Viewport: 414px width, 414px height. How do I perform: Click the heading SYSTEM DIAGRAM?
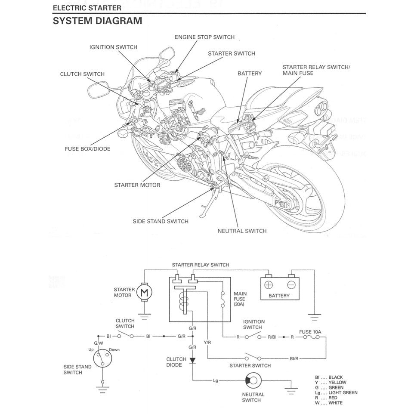point(97,21)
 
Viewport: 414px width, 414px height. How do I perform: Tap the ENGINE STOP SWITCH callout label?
point(204,37)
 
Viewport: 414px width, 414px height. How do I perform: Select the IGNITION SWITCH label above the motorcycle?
point(114,47)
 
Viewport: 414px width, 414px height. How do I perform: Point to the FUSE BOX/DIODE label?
point(87,149)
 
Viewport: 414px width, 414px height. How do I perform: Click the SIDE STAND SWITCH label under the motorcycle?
point(161,221)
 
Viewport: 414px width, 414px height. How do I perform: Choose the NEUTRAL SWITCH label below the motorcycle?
point(242,231)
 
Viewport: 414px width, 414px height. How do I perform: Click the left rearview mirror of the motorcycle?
point(96,90)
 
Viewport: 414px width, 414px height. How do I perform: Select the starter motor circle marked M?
point(144,293)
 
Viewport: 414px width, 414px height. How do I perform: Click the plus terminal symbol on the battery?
point(269,285)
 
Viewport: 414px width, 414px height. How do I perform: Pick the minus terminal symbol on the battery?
point(291,285)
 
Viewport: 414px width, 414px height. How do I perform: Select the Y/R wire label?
point(207,343)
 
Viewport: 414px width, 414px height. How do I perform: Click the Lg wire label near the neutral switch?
point(216,380)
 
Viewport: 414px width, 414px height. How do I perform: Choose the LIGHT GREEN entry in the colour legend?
point(343,392)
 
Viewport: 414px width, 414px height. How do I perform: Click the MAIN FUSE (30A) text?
point(240,299)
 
